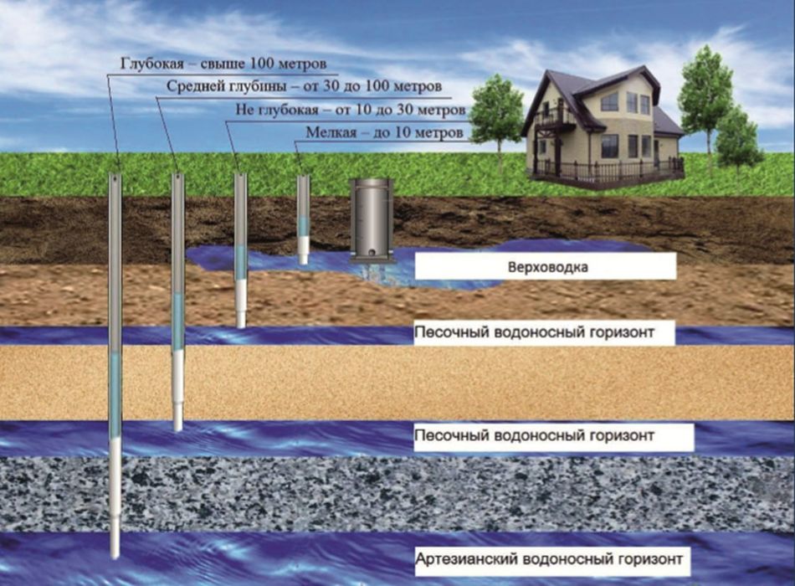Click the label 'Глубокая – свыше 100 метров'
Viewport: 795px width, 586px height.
[x=223, y=64]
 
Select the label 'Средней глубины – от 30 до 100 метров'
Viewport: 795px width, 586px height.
[x=304, y=86]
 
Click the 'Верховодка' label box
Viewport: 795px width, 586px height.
[x=546, y=268]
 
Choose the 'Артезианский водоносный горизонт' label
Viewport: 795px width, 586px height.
[x=552, y=558]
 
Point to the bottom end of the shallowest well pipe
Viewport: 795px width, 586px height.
[x=303, y=260]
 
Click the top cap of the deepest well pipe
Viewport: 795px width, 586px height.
[x=115, y=176]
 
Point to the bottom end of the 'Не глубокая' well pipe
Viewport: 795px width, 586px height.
[x=241, y=323]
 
